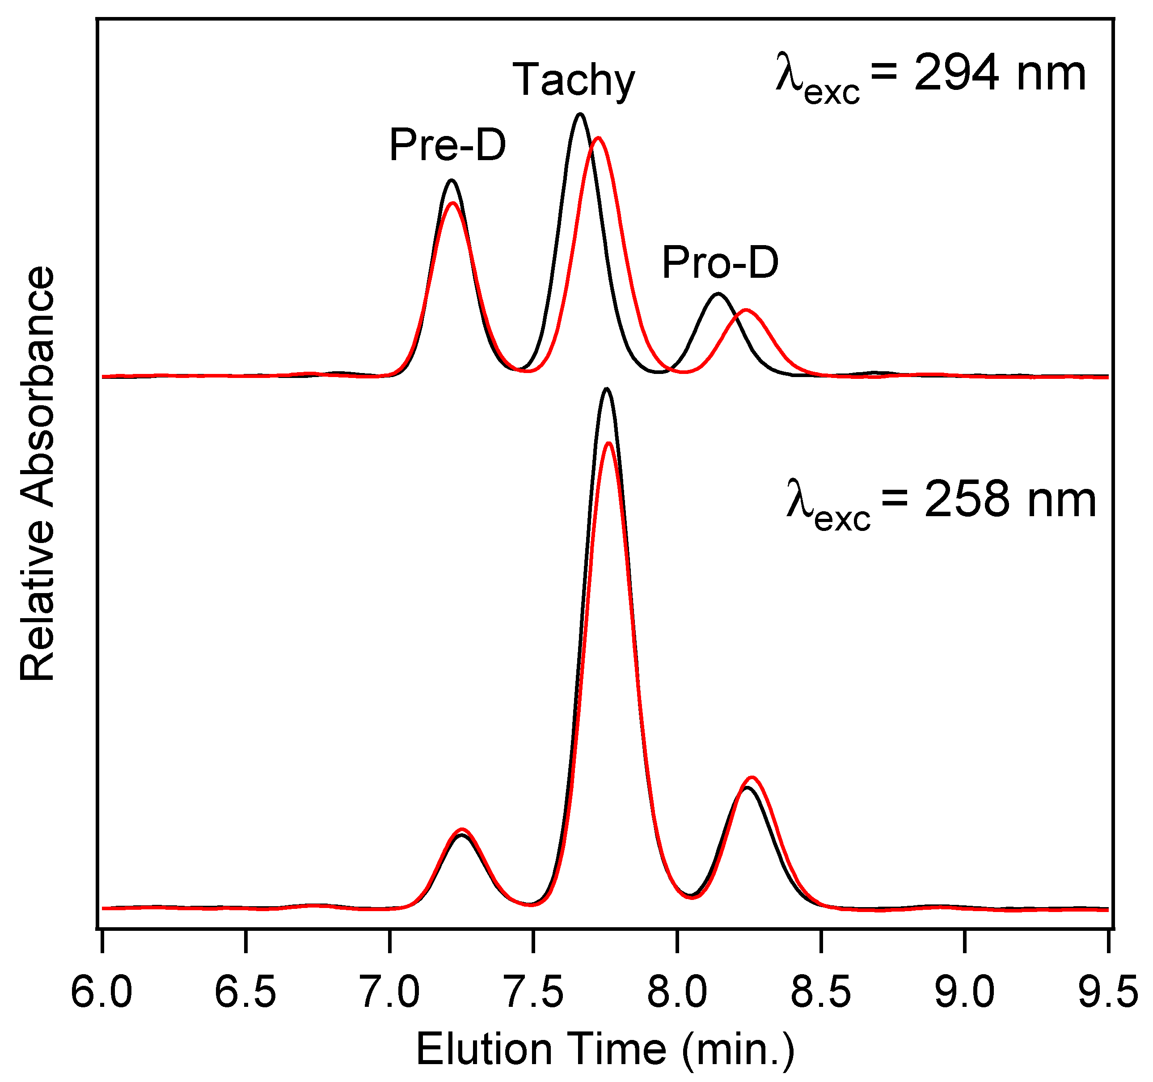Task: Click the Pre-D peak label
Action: [447, 145]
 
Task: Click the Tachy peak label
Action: [574, 80]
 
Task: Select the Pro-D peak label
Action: [720, 263]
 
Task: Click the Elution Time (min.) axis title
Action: [605, 1049]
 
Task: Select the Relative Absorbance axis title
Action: [38, 473]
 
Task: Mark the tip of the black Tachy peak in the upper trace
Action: [580, 115]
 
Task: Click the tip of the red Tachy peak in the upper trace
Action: [598, 138]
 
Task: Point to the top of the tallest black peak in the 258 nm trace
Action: [607, 389]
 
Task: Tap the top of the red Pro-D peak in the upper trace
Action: [746, 310]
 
